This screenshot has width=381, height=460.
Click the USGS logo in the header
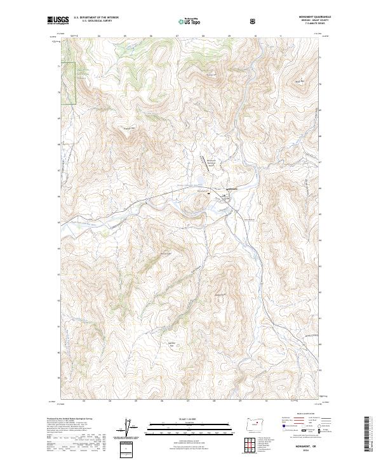(x=58, y=21)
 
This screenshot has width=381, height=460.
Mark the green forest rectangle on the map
(x=69, y=83)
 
